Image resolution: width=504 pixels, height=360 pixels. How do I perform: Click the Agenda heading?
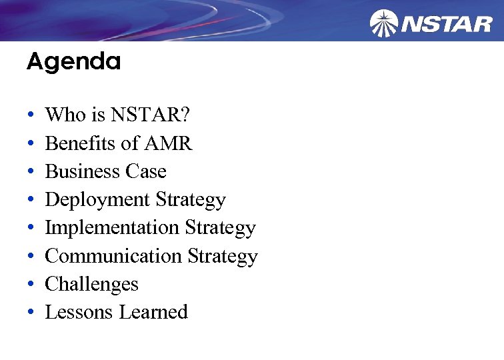tap(73, 63)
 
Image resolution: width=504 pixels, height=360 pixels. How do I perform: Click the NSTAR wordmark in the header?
tap(447, 25)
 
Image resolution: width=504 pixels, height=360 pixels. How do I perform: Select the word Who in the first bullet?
tap(65, 115)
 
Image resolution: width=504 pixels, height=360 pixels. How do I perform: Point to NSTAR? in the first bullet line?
tap(150, 115)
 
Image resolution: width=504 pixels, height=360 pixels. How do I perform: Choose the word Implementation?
tap(112, 228)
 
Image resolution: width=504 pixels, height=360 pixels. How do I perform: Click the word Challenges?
tap(91, 284)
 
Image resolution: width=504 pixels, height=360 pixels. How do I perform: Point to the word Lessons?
tap(79, 312)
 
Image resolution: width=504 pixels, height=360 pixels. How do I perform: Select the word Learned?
tap(153, 312)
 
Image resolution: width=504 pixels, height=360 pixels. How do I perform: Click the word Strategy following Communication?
tap(222, 257)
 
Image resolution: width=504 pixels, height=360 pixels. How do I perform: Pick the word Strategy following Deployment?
tap(191, 200)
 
